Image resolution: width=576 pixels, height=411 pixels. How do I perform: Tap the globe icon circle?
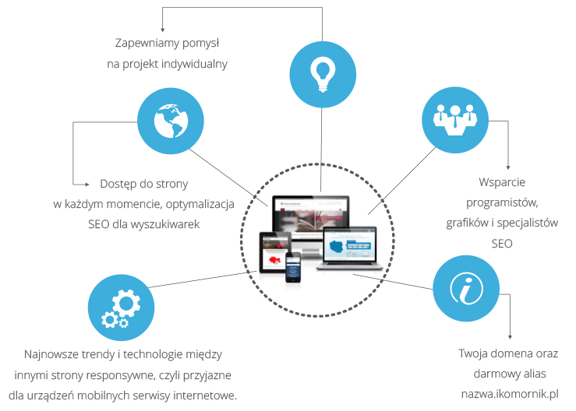170,119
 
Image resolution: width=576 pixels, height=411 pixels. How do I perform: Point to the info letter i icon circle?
465,289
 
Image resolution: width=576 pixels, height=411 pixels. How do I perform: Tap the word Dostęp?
118,184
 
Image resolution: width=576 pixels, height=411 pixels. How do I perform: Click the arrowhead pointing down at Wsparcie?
508,167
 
